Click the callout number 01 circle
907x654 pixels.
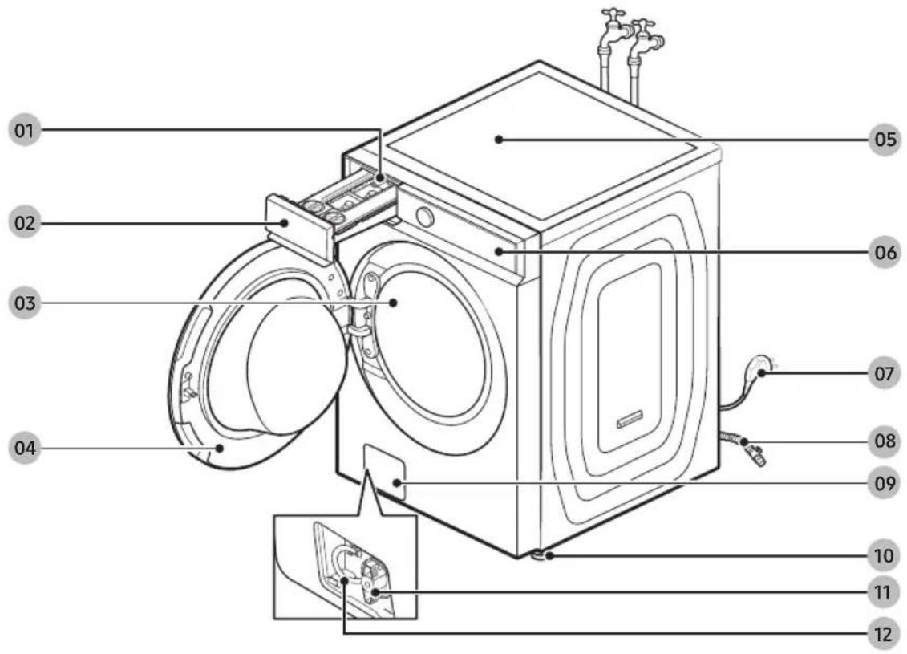[24, 130]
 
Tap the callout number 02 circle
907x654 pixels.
[24, 223]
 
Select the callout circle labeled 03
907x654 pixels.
[24, 303]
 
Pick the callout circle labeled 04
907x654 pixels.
[24, 448]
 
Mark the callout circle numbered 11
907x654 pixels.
[883, 593]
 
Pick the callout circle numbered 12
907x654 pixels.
[883, 634]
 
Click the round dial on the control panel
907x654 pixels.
[425, 217]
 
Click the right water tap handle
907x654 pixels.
[643, 24]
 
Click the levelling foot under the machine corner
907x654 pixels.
[540, 555]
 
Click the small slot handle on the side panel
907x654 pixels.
[630, 419]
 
